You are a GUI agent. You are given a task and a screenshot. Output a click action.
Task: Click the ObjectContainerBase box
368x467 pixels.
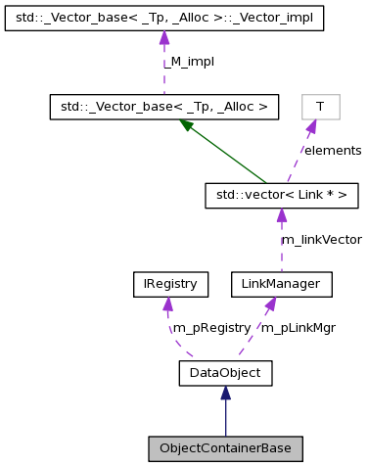(225, 448)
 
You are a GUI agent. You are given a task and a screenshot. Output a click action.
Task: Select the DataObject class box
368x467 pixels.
(225, 373)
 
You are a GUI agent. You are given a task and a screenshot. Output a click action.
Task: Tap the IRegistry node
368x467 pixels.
(171, 285)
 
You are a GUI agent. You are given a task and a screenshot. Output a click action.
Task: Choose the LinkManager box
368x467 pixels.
(281, 285)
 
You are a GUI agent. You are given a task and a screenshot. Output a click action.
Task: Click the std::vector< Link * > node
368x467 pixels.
(281, 196)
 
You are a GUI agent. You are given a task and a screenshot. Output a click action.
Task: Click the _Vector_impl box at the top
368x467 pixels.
(164, 19)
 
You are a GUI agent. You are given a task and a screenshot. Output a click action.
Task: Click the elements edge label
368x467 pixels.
(331, 151)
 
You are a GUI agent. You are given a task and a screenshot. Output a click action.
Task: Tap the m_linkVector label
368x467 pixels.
(321, 240)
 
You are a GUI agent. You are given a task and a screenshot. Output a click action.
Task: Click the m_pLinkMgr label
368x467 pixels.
(298, 328)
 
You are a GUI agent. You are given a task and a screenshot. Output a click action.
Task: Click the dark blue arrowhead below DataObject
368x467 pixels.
(225, 393)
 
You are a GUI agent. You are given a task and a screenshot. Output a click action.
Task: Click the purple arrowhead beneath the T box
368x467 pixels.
(310, 126)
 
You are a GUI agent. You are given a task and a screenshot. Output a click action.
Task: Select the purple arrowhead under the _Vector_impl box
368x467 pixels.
(164, 38)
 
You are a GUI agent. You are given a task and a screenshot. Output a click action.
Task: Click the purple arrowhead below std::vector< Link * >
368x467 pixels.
(281, 215)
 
